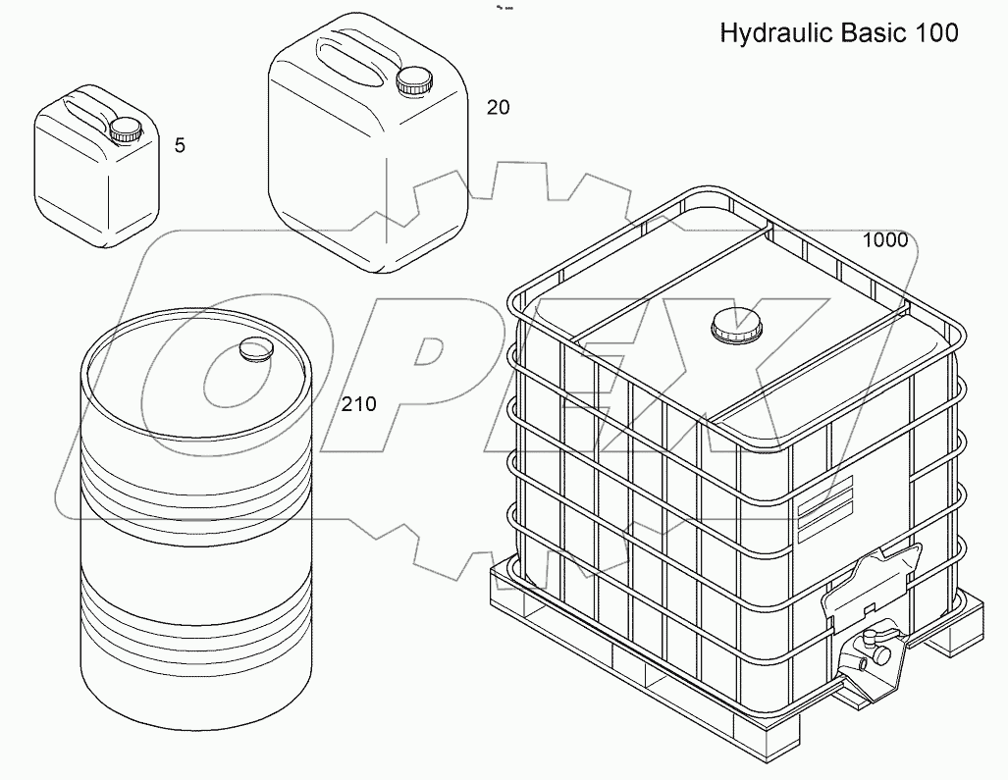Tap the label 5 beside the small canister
click(179, 146)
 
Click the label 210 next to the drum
click(358, 404)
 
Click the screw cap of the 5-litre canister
click(126, 130)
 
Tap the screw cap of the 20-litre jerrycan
click(413, 80)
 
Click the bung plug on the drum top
click(255, 349)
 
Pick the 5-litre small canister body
click(93, 186)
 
